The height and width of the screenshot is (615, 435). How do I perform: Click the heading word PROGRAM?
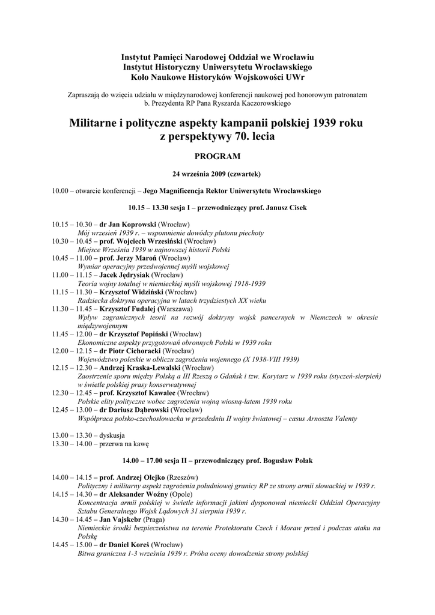point(217,157)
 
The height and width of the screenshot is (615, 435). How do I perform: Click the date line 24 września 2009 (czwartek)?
point(217,174)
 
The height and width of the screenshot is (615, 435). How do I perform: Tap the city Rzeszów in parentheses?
point(171,476)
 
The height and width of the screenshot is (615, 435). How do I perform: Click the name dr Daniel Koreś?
point(124,544)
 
